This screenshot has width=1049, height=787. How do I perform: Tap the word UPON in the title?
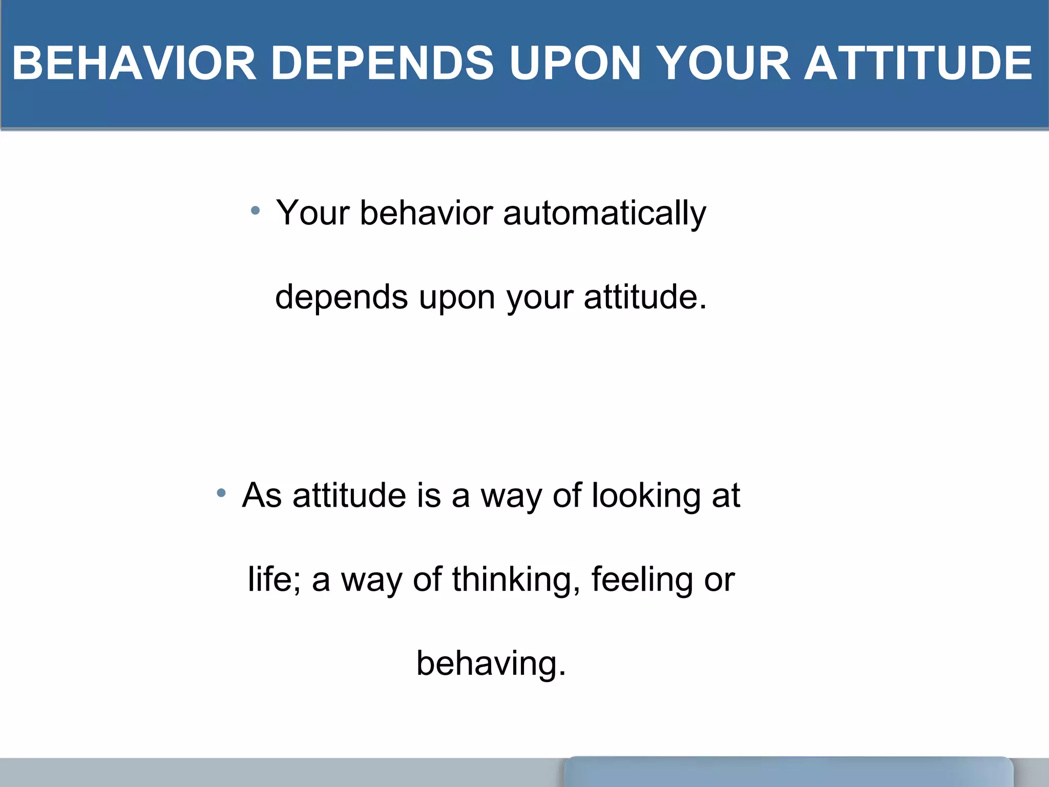point(575,63)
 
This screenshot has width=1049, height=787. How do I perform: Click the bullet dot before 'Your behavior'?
point(256,210)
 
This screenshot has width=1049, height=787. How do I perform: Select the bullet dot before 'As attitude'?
point(221,493)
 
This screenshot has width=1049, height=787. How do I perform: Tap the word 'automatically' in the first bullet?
point(604,213)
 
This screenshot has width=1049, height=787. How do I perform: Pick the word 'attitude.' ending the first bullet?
point(645,297)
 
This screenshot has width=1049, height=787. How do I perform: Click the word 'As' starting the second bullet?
point(262,495)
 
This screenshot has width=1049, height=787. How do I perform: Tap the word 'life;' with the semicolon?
point(274,579)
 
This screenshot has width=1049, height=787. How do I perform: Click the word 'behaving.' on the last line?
point(491,663)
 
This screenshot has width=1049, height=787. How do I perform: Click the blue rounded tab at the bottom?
point(788,773)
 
